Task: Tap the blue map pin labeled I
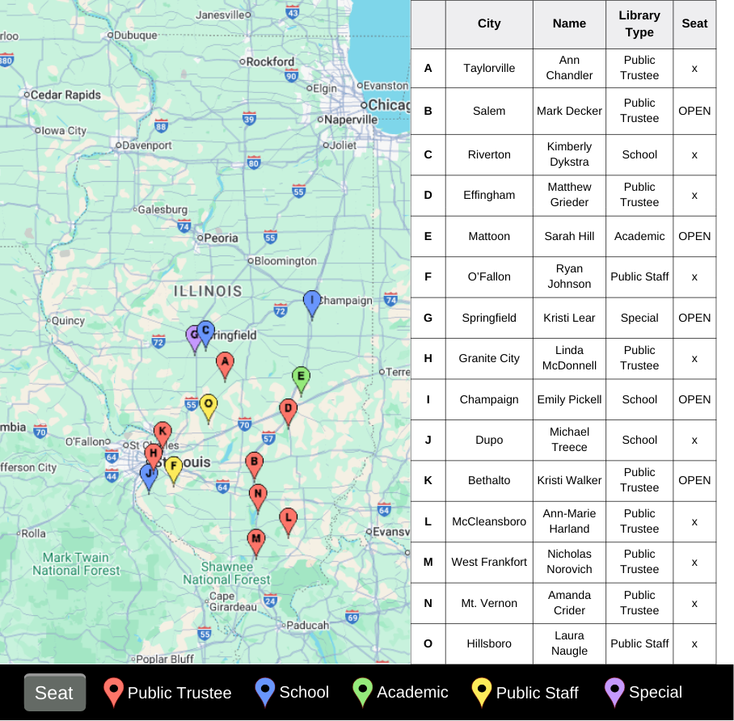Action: pos(312,303)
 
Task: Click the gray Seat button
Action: pos(55,693)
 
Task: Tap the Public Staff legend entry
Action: pos(525,693)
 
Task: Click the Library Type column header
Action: pos(639,24)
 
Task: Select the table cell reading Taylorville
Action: pos(489,68)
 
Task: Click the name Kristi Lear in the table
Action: pos(569,318)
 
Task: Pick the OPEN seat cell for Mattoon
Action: pos(694,236)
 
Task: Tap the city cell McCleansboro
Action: pos(489,521)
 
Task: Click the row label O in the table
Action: pos(428,643)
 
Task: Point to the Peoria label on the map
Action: pos(221,238)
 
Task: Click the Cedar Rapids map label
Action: pos(65,95)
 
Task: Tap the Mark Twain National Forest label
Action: pos(76,563)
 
